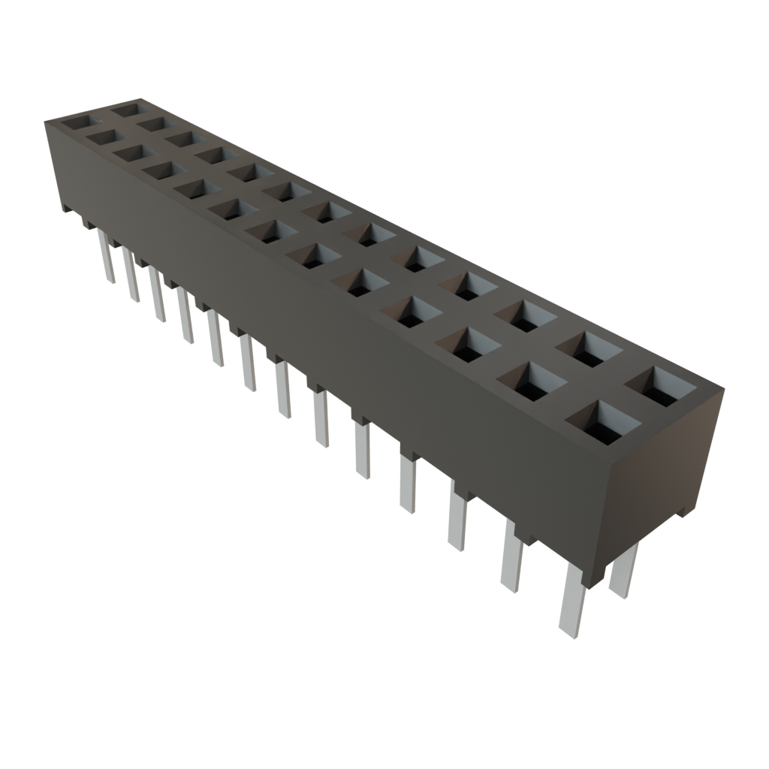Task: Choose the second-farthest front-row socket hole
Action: coord(105,138)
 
